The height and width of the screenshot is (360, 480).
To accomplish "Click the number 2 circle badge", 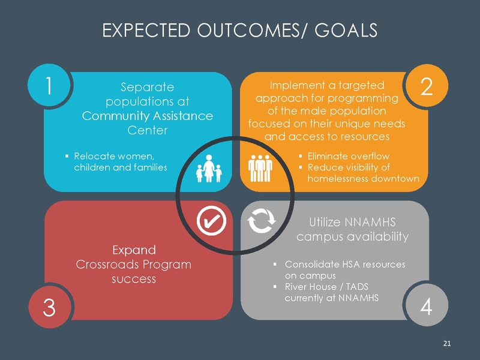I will click(x=427, y=87).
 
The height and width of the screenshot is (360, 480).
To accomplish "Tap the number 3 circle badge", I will click(x=49, y=307).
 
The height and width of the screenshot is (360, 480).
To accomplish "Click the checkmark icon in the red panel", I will click(x=211, y=221).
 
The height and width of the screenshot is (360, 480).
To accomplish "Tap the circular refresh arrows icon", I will click(x=262, y=221).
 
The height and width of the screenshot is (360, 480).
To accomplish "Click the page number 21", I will click(x=446, y=343).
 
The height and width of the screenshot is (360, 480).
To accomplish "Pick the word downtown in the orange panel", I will click(x=392, y=178).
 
